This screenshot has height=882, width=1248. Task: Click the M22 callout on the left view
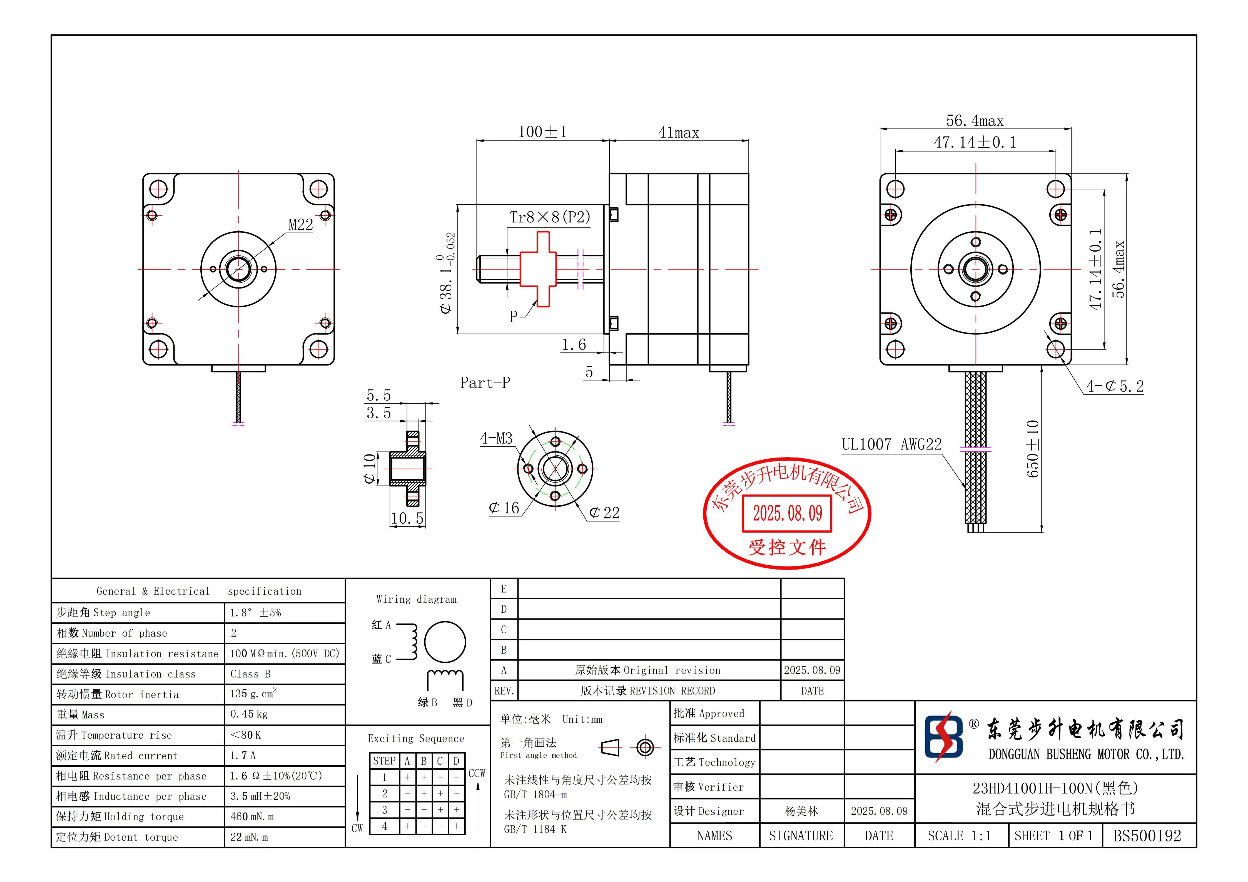pyautogui.click(x=301, y=225)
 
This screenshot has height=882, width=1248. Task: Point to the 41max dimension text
pyautogui.click(x=678, y=133)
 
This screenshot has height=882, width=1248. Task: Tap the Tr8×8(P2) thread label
pyautogui.click(x=550, y=217)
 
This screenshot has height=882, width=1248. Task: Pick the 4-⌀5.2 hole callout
pyautogui.click(x=1114, y=387)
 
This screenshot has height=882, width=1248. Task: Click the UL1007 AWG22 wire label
pyautogui.click(x=891, y=445)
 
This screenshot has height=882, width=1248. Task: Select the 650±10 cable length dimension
pyautogui.click(x=1033, y=449)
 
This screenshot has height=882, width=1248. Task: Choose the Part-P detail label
pyautogui.click(x=485, y=383)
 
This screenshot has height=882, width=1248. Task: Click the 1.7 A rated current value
pyautogui.click(x=243, y=755)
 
